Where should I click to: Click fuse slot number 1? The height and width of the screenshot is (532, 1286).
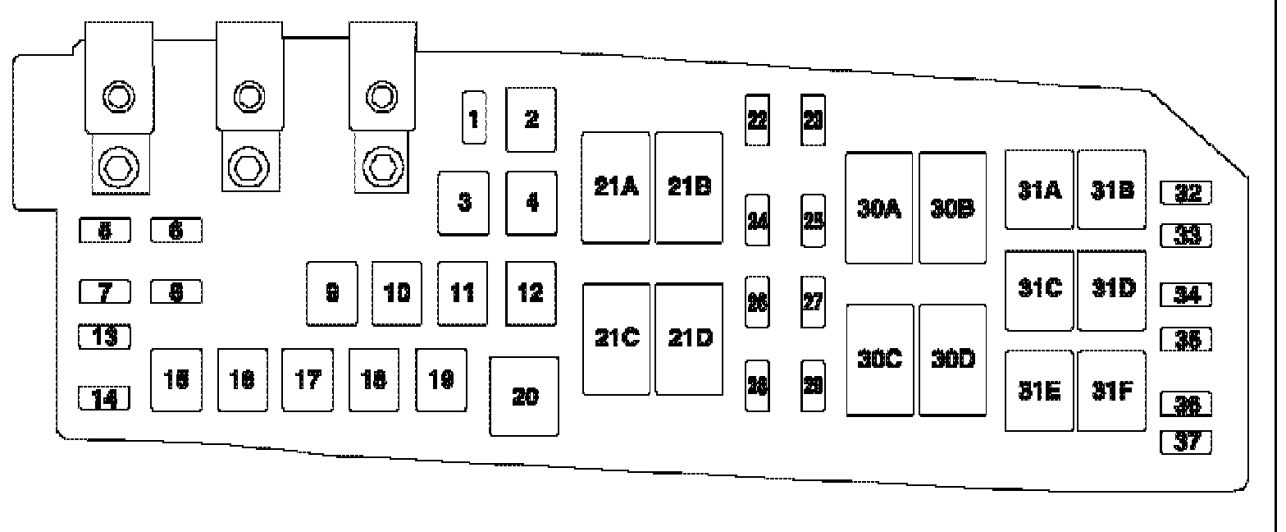pyautogui.click(x=472, y=117)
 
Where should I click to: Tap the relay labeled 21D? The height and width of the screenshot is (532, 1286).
pyautogui.click(x=689, y=339)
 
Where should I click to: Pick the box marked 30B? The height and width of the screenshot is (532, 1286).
pyautogui.click(x=952, y=208)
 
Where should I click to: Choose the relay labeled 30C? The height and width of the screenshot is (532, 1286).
pyautogui.click(x=879, y=360)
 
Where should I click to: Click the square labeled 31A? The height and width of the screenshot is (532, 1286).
pyautogui.click(x=1040, y=190)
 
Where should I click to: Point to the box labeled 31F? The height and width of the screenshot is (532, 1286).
pyautogui.click(x=1112, y=390)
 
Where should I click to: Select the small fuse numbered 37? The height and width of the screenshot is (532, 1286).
pyautogui.click(x=1186, y=443)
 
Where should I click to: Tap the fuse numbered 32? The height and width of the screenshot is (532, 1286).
pyautogui.click(x=1186, y=193)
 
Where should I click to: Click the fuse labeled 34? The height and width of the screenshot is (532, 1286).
pyautogui.click(x=1186, y=294)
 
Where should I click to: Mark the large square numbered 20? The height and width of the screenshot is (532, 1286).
pyautogui.click(x=524, y=397)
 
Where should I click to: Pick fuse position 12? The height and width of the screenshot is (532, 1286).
pyautogui.click(x=531, y=293)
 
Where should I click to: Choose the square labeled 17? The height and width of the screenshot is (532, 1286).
pyautogui.click(x=308, y=380)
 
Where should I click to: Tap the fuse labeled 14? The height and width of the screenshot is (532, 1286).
pyautogui.click(x=105, y=399)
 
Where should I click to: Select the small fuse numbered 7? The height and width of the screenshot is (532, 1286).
pyautogui.click(x=105, y=291)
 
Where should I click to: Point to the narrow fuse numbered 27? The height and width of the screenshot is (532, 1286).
pyautogui.click(x=813, y=302)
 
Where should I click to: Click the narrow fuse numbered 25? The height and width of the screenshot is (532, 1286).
pyautogui.click(x=813, y=221)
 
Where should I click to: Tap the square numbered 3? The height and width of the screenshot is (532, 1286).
pyautogui.click(x=463, y=203)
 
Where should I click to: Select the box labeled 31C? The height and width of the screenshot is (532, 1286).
pyautogui.click(x=1040, y=290)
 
